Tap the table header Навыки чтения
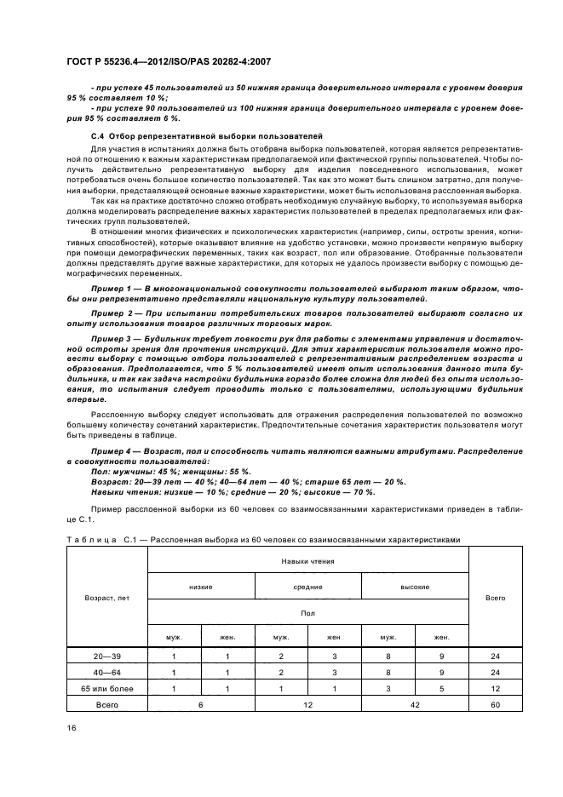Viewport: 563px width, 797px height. coord(307,561)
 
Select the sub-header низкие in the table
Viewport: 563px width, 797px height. coord(201,587)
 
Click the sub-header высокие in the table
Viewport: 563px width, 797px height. coord(415,587)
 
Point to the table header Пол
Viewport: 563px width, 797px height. coord(307,611)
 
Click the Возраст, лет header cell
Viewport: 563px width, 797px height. coord(106,598)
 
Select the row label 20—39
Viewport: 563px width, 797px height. coord(106,657)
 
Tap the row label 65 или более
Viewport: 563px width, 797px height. coord(106,688)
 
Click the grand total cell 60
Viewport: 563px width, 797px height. coord(495,704)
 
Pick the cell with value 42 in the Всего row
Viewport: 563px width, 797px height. coord(415,704)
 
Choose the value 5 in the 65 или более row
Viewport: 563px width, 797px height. coord(441,688)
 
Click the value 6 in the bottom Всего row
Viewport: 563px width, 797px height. coord(201,704)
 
